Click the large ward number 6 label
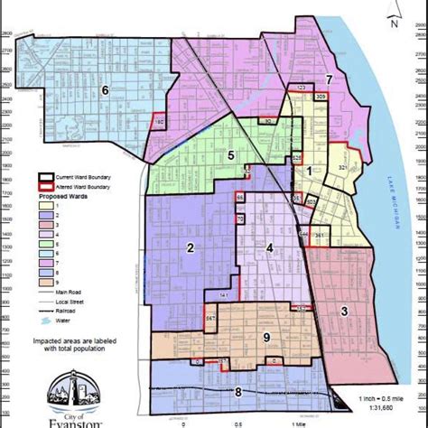[105, 89]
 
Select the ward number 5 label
[231, 155]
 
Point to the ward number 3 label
[344, 312]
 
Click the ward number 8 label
[238, 392]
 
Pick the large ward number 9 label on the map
[266, 338]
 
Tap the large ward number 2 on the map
[191, 248]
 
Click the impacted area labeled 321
[343, 168]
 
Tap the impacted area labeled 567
[210, 317]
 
